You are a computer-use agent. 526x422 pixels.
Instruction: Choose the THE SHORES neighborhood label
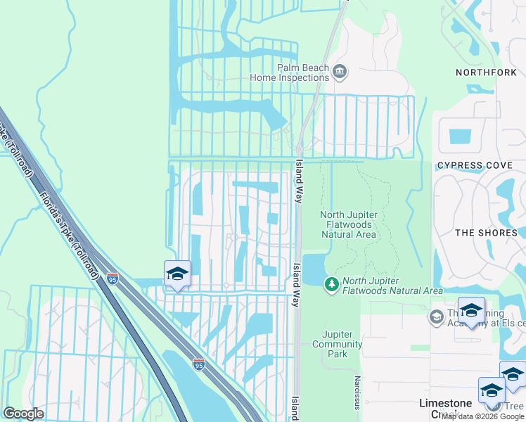click(x=485, y=233)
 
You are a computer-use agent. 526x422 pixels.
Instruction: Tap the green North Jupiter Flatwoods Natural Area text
click(x=392, y=286)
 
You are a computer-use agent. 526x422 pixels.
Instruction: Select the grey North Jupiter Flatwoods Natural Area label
click(x=349, y=224)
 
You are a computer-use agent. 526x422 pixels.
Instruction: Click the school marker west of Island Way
click(x=177, y=274)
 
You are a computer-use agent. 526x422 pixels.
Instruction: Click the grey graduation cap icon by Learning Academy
click(x=436, y=316)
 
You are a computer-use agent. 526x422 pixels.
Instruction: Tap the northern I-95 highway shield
click(x=113, y=279)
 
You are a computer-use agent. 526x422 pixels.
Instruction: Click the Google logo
click(x=23, y=414)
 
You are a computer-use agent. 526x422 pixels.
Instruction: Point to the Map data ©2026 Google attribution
click(x=482, y=417)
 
